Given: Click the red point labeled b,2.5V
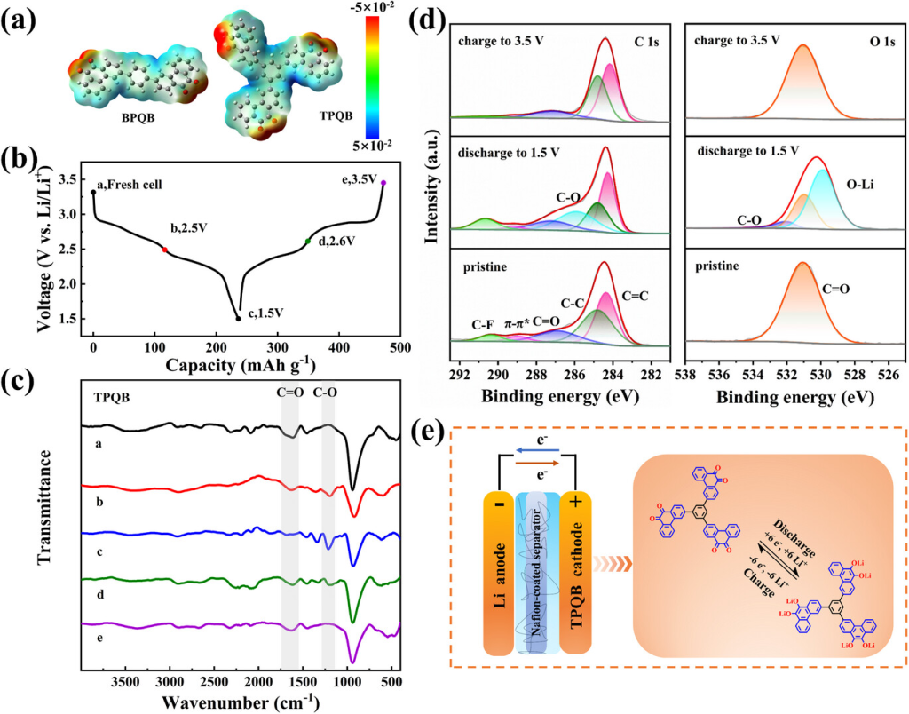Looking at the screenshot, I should pos(164,250).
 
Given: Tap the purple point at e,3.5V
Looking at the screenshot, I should pos(383,183).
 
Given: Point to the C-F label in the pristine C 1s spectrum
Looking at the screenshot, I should pos(486,324).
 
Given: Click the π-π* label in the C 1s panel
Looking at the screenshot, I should pos(518,324).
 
